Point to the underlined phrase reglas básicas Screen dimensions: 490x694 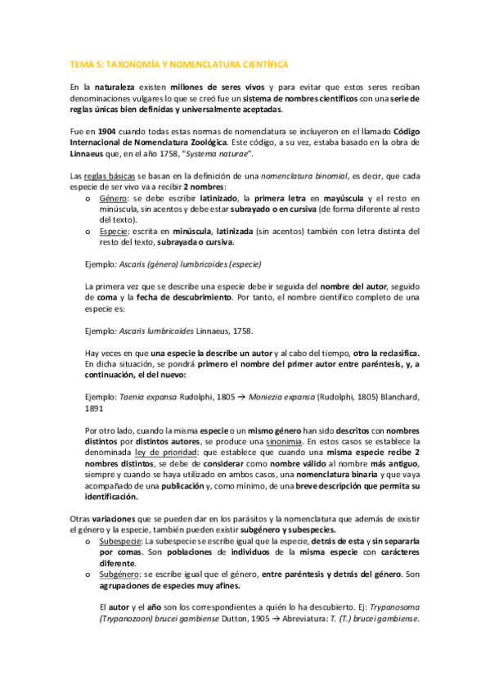pos(114,176)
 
